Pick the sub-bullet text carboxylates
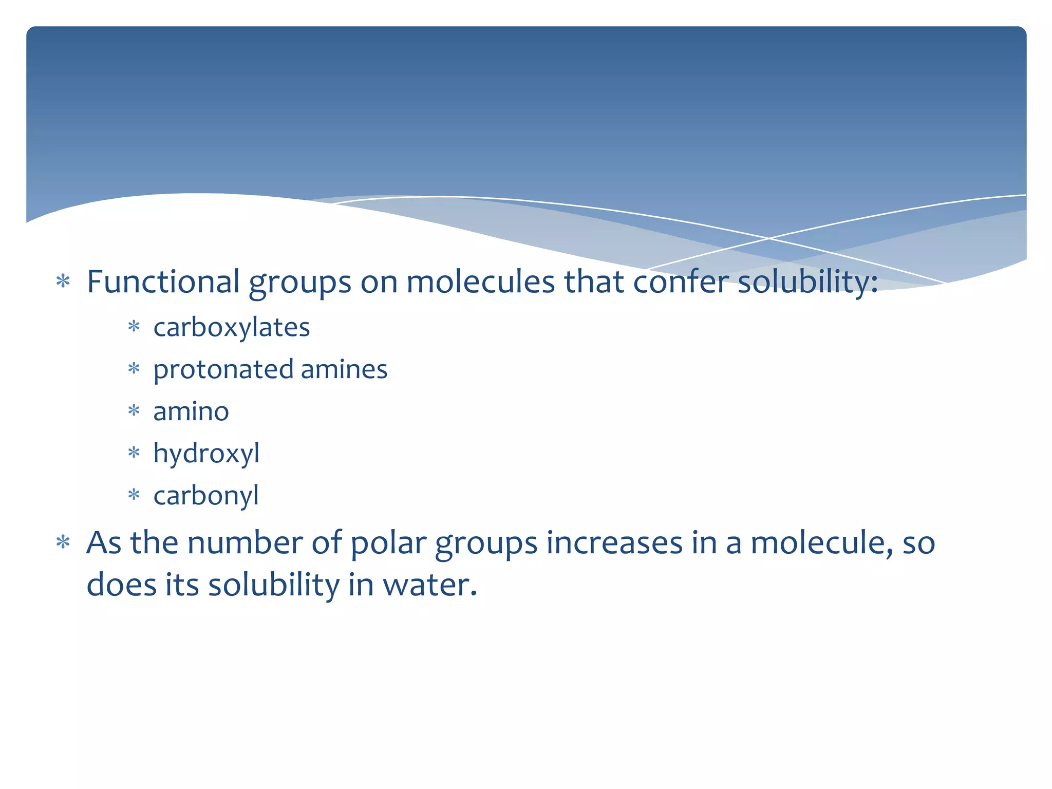pos(231,327)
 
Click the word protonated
pos(223,370)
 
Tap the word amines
pos(344,369)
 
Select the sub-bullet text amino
pos(191,411)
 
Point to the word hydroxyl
pos(206,454)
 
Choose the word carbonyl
pos(206,496)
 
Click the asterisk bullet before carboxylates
pos(134,327)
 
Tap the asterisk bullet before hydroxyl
pos(134,453)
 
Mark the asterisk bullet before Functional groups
pos(63,281)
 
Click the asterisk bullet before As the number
pos(63,542)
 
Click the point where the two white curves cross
pos(769,238)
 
